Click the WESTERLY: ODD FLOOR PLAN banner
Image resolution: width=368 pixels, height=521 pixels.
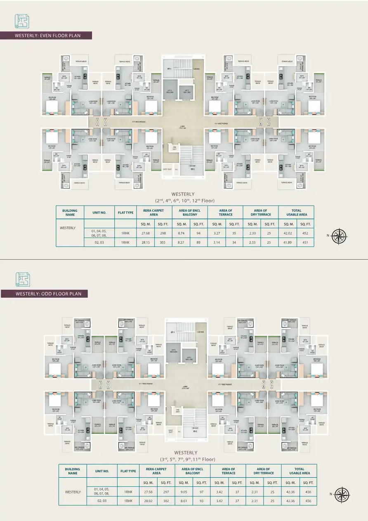point(47,294)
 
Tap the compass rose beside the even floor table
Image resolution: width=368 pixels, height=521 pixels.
point(339,235)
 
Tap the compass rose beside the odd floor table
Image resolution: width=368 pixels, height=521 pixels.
point(342,494)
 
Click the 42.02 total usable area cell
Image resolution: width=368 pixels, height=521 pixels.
point(288,233)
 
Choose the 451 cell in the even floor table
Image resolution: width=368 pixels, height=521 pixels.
point(305,242)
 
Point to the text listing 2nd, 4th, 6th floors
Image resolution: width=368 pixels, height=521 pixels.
point(185,201)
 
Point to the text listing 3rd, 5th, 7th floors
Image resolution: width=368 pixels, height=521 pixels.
point(188,459)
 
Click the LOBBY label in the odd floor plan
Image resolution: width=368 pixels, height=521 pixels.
point(185,386)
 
